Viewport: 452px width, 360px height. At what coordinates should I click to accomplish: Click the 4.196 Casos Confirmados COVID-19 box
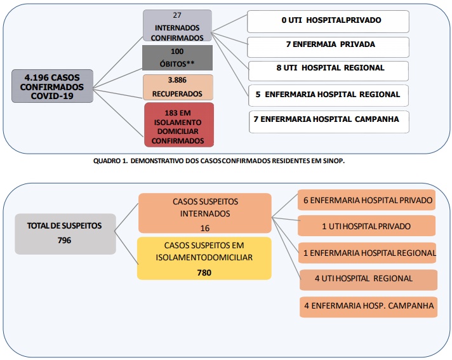pyautogui.click(x=52, y=86)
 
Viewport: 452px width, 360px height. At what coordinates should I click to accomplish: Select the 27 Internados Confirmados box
pyautogui.click(x=177, y=25)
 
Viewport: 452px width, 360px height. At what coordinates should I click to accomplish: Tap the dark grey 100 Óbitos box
pyautogui.click(x=177, y=58)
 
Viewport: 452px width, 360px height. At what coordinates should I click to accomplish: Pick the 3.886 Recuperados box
pyautogui.click(x=178, y=87)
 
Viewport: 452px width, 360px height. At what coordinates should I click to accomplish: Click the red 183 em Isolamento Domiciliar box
pyautogui.click(x=179, y=125)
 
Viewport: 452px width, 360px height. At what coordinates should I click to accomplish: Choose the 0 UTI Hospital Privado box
pyautogui.click(x=328, y=22)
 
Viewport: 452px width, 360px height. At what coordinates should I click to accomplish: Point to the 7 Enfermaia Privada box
pyautogui.click(x=328, y=47)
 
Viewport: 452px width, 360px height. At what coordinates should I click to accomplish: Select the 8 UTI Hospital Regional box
pyautogui.click(x=328, y=71)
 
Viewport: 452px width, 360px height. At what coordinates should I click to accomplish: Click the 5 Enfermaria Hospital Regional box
pyautogui.click(x=328, y=95)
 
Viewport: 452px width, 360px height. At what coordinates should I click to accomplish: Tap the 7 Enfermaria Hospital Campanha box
pyautogui.click(x=329, y=122)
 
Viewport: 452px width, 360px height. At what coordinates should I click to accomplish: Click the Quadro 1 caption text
pyautogui.click(x=219, y=161)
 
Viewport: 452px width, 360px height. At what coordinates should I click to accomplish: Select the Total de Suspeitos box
pyautogui.click(x=65, y=234)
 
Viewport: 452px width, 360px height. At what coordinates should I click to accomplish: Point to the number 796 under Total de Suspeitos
pyautogui.click(x=64, y=241)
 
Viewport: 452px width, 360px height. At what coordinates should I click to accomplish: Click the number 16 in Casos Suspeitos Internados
pyautogui.click(x=205, y=229)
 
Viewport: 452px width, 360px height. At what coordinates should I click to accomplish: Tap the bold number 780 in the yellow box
pyautogui.click(x=204, y=272)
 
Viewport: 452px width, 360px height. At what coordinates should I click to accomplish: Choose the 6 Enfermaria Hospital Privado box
pyautogui.click(x=366, y=200)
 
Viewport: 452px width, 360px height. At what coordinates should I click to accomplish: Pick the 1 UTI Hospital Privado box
pyautogui.click(x=366, y=225)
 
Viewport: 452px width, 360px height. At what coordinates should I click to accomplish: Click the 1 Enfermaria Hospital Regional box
pyautogui.click(x=367, y=253)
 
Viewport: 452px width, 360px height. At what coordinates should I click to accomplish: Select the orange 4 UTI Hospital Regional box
pyautogui.click(x=368, y=280)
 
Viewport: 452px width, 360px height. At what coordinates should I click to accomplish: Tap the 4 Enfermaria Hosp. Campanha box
pyautogui.click(x=368, y=307)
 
